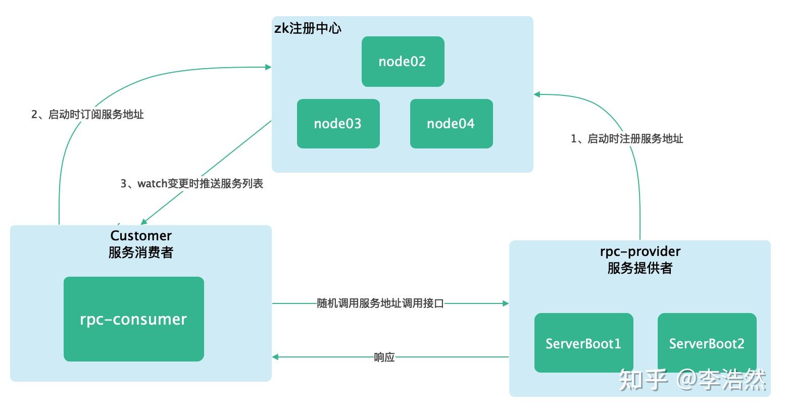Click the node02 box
pos(403,62)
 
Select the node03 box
pos(338,124)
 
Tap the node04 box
pos(451,124)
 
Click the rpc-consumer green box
pos(133,319)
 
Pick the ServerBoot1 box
pos(583,343)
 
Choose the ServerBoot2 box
pos(707,343)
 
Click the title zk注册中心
pos(308,28)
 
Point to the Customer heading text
pos(141,236)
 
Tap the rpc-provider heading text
pos(640,251)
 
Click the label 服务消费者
pos(141,252)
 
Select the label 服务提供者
pos(640,268)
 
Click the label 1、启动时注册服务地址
pos(627,139)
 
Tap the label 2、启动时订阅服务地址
pos(87,115)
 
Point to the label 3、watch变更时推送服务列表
pos(191,184)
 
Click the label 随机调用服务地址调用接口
pos(380,303)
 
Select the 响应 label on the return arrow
pos(384,357)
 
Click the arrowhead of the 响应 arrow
pos(275,357)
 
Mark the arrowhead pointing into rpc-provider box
pos(505,303)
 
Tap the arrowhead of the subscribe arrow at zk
pos(268,67)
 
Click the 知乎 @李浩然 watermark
pos(693,380)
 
